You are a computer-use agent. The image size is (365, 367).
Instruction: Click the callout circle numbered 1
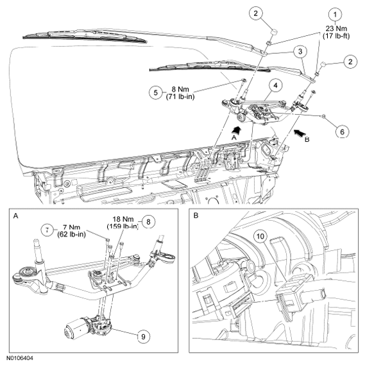(335, 15)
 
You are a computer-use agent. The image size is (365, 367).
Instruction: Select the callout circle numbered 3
(300, 51)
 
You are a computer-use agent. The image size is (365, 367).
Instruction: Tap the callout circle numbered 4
(276, 85)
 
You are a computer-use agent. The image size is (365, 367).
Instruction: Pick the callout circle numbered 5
(156, 92)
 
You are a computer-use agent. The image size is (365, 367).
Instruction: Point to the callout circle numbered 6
(343, 132)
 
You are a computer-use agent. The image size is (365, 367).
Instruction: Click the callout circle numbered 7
(47, 230)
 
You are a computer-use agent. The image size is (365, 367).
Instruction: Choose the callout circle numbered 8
(148, 221)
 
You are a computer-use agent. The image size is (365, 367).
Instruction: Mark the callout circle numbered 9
(143, 337)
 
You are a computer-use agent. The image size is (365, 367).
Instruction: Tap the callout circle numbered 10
(260, 236)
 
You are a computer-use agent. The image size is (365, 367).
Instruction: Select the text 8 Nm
(180, 89)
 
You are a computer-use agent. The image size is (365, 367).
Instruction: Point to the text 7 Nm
(71, 227)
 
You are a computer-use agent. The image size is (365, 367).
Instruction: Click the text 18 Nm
(123, 219)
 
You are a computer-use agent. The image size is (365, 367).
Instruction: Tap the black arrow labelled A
(237, 130)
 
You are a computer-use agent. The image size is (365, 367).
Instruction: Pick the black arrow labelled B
(300, 133)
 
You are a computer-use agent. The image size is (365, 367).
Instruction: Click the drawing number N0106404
(20, 358)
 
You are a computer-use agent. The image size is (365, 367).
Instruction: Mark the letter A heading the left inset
(15, 216)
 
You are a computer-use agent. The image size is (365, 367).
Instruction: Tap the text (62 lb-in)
(71, 234)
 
